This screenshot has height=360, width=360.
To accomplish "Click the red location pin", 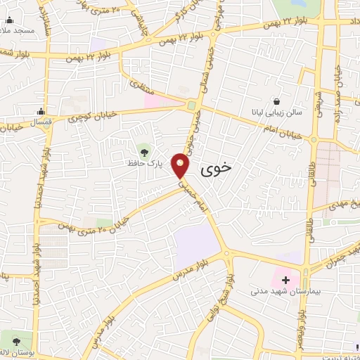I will tap(181, 165).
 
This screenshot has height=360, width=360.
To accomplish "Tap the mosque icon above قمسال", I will tap(41, 110).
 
